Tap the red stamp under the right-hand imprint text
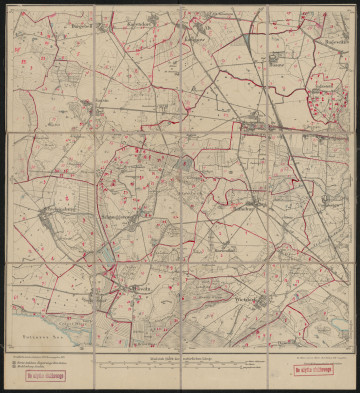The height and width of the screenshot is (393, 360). point(313,372)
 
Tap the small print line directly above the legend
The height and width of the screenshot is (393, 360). point(40,352)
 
